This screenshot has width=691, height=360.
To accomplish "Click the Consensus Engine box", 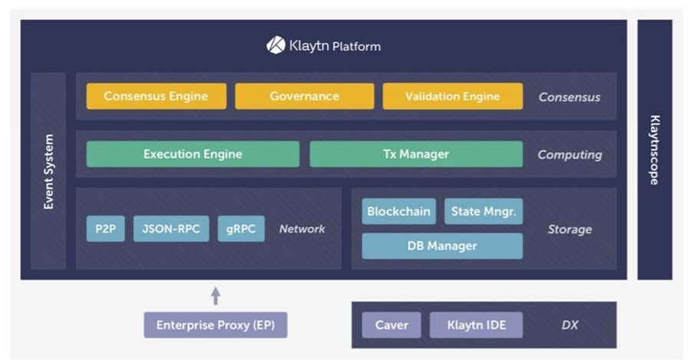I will [156, 97].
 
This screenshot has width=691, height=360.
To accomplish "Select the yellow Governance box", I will [304, 97].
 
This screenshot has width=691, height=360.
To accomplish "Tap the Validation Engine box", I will [452, 97].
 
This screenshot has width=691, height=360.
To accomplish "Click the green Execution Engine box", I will [193, 154].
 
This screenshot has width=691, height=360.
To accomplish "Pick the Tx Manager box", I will [415, 154].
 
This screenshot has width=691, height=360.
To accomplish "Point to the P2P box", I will [105, 229].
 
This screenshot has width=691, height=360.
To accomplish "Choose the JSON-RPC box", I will [170, 229].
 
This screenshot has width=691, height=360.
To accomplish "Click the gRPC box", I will [241, 229].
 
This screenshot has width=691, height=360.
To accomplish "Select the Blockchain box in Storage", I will [398, 211].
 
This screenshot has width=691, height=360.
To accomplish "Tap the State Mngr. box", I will [484, 211].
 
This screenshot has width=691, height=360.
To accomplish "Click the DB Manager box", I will [441, 246].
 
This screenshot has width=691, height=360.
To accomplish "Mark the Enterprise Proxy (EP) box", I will [215, 325].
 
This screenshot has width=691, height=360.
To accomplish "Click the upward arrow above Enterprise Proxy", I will [216, 295].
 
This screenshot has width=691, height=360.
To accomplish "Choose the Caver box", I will [392, 325].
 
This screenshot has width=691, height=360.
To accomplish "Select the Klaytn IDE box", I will [475, 325].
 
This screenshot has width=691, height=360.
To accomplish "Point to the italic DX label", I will [569, 325].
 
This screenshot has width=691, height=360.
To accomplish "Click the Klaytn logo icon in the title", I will [276, 45].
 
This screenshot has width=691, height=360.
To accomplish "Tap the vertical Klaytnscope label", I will [655, 150].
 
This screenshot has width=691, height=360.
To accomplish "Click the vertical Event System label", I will [49, 172].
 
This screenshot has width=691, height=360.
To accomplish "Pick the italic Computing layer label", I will [569, 155].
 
